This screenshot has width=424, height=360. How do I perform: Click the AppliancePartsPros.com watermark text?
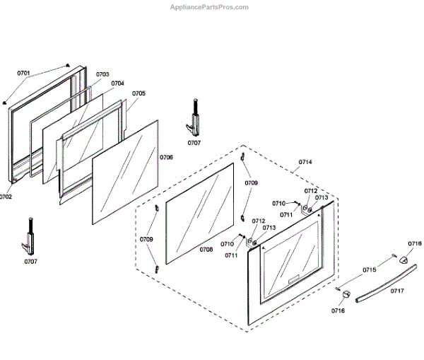pyautogui.click(x=210, y=7)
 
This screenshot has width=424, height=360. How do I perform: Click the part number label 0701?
pyautogui.click(x=24, y=73)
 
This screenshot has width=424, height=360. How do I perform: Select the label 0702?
pyautogui.click(x=6, y=197)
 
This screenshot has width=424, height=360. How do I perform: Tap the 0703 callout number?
pyautogui.click(x=102, y=74)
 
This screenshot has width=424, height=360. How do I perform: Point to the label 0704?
pyautogui.click(x=117, y=83)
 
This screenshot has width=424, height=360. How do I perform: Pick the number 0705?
pyautogui.click(x=139, y=93)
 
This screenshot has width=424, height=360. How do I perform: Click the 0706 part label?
pyautogui.click(x=166, y=157)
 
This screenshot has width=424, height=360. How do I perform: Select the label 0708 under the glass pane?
pyautogui.click(x=206, y=250)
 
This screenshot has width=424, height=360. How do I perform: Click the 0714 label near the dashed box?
pyautogui.click(x=305, y=163)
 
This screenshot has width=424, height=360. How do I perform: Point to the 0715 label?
pyautogui.click(x=370, y=270)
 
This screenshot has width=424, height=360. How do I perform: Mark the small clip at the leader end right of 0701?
pyautogui.click(x=67, y=63)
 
